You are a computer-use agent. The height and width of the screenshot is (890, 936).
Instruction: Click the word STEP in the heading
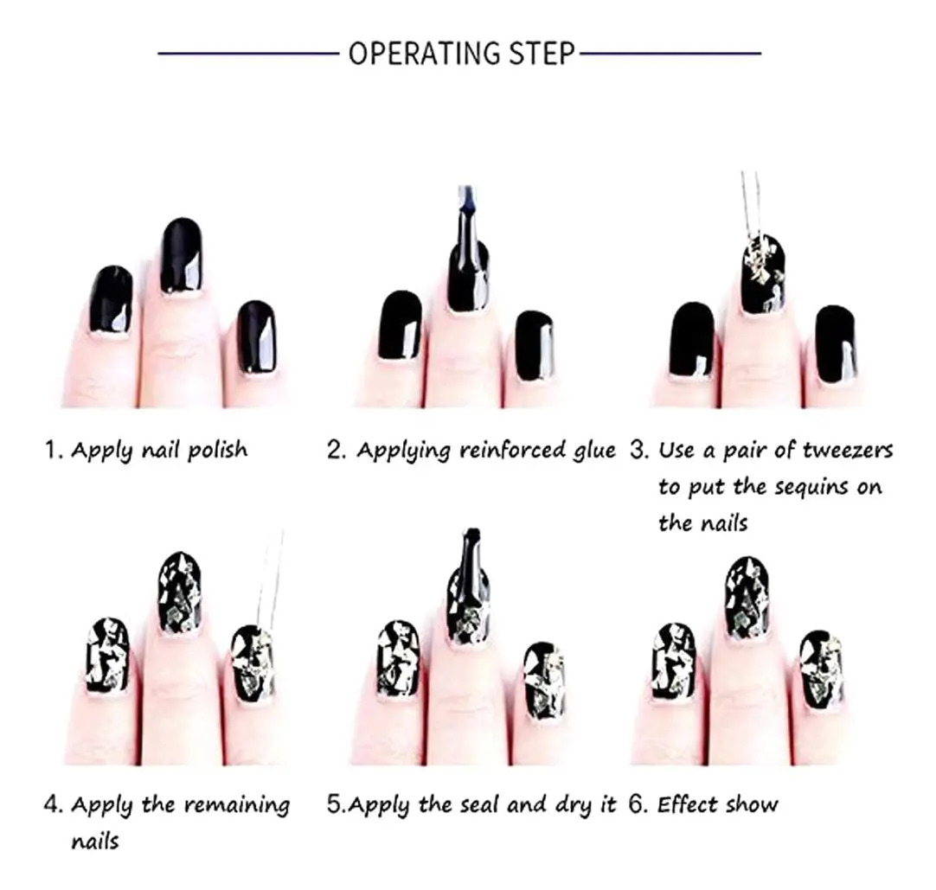pyautogui.click(x=542, y=53)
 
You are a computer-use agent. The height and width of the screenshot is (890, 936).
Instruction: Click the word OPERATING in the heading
pyautogui.click(x=425, y=53)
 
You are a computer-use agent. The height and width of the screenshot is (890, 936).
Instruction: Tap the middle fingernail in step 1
pyautogui.click(x=182, y=255)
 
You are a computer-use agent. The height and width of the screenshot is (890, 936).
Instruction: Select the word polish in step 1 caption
pyautogui.click(x=217, y=450)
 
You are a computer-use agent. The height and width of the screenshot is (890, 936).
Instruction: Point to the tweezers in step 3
pyautogui.click(x=751, y=206)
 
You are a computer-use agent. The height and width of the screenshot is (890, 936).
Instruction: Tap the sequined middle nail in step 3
pyautogui.click(x=764, y=274)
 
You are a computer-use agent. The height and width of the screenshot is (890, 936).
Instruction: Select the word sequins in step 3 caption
pyautogui.click(x=809, y=488)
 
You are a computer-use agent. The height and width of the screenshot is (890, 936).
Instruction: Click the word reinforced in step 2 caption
pyautogui.click(x=513, y=450)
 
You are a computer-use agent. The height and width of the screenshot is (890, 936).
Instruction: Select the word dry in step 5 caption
pyautogui.click(x=571, y=806)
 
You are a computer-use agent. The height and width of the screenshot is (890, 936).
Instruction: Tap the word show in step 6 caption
pyautogui.click(x=752, y=805)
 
